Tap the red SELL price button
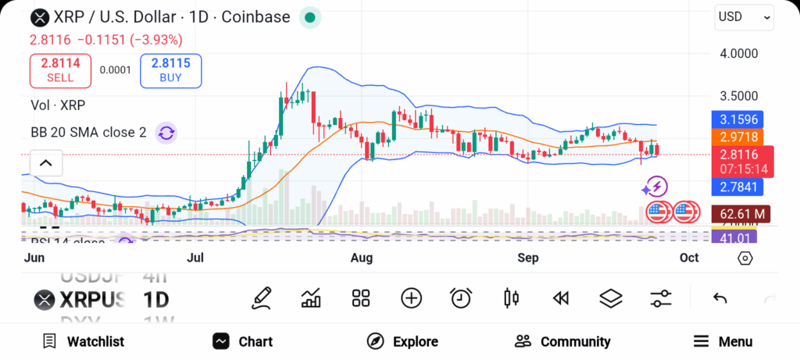click(x=60, y=70)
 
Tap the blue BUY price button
click(x=170, y=70)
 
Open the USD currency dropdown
click(x=744, y=17)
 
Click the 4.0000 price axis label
click(x=738, y=54)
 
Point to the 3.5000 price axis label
click(x=738, y=96)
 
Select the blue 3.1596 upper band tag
click(x=737, y=120)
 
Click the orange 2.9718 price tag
click(x=737, y=137)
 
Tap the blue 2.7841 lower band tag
click(x=737, y=187)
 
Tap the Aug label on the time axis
click(x=362, y=257)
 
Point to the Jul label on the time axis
click(x=196, y=257)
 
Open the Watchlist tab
click(x=84, y=341)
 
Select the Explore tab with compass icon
click(x=402, y=341)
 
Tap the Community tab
click(x=562, y=341)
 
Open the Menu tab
click(x=723, y=341)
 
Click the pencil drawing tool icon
click(x=262, y=298)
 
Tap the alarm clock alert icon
click(x=461, y=298)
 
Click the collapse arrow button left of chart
click(x=45, y=163)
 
